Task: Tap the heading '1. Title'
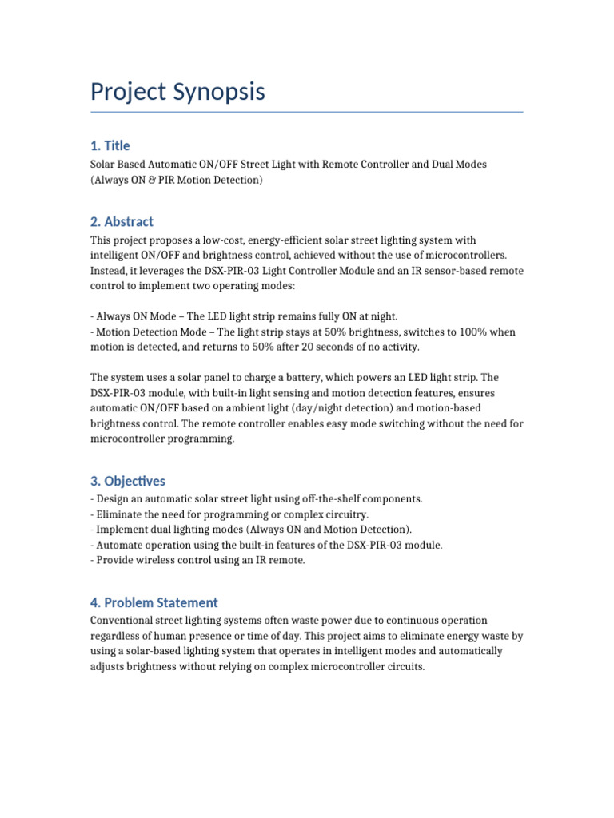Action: coord(110,145)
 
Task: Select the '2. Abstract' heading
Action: coord(122,221)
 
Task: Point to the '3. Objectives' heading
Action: coord(128,481)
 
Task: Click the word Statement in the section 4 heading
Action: coord(185,602)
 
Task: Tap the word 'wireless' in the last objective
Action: coord(157,560)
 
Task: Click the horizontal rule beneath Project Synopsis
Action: coord(307,112)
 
